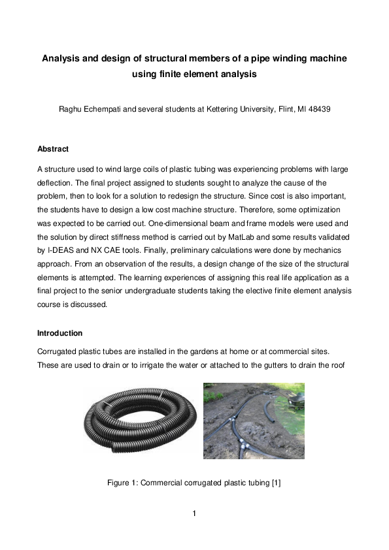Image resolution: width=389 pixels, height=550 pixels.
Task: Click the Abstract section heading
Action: click(x=53, y=149)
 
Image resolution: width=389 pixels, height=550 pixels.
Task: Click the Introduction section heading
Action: click(x=59, y=332)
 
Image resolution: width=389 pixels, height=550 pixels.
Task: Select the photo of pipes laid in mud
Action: click(x=253, y=421)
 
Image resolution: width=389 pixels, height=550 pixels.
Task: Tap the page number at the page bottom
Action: click(x=194, y=513)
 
